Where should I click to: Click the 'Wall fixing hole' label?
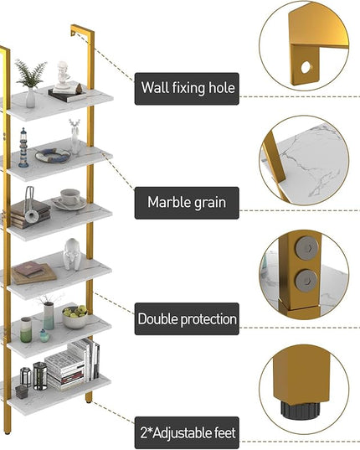[187, 89]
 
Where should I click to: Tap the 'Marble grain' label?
[187, 203]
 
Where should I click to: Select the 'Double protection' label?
[187, 318]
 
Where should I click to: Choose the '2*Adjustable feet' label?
[187, 432]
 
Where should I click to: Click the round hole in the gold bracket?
[306, 67]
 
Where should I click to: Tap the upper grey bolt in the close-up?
[307, 248]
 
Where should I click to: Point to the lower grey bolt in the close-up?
[306, 281]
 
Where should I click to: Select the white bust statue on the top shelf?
[63, 75]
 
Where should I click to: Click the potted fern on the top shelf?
[30, 83]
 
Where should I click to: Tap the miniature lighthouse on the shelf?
[23, 148]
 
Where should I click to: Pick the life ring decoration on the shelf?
[53, 155]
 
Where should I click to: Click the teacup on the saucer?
[69, 197]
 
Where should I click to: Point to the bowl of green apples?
[75, 317]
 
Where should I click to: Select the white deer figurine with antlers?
[75, 137]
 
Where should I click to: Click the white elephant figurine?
[72, 254]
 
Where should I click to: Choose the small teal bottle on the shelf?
[44, 335]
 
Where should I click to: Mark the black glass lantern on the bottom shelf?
[40, 376]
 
